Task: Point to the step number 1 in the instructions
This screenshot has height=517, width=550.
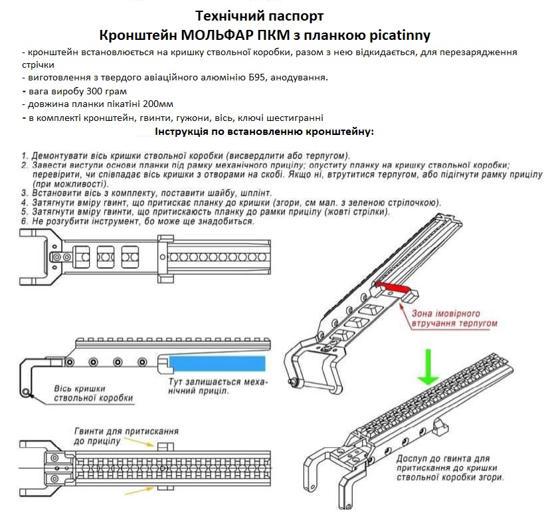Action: pos(24,155)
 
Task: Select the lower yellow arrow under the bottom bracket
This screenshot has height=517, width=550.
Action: pos(145,490)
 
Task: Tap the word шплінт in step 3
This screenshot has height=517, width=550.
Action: pos(250,193)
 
